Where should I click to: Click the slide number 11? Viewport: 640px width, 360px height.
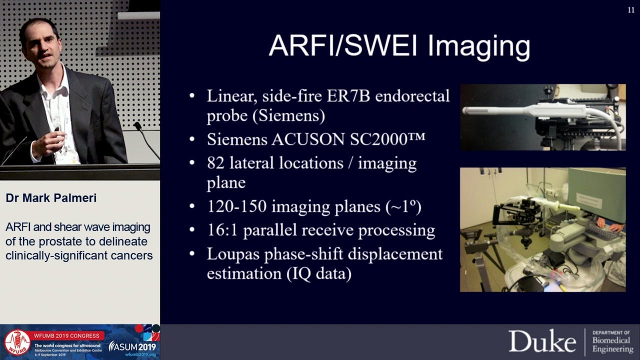[x=630, y=10]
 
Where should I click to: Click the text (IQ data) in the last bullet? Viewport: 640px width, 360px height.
[x=319, y=273]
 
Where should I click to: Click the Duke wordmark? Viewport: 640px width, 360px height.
[x=542, y=341]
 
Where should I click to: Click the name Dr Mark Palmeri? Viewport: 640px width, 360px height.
[x=51, y=198]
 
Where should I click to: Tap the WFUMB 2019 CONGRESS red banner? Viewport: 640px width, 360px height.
[x=68, y=335]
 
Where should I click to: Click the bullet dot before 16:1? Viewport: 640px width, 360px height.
[x=192, y=230]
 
